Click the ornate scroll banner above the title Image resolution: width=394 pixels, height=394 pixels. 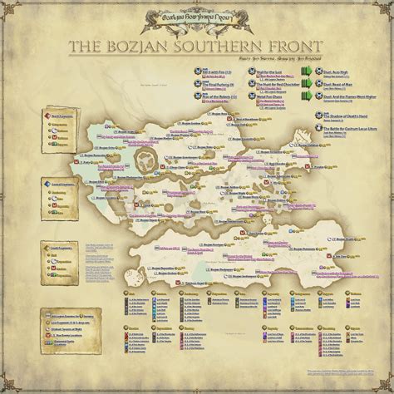tap(197, 17)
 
